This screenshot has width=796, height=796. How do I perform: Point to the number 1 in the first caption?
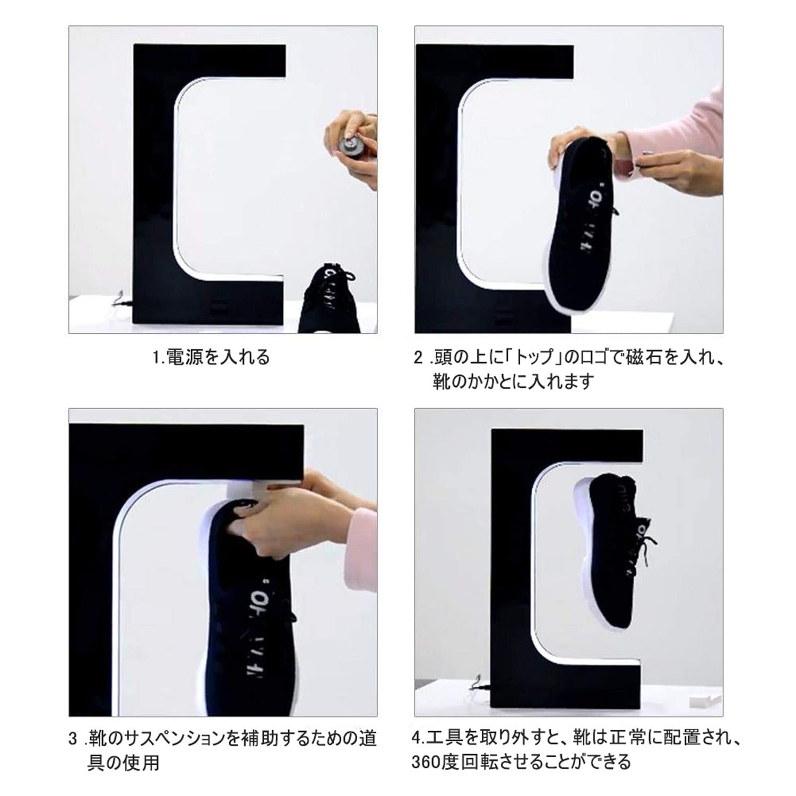pyautogui.click(x=156, y=357)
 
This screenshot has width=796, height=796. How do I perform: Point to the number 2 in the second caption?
pyautogui.click(x=418, y=358)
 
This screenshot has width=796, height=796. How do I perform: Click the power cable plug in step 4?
pyautogui.click(x=478, y=685)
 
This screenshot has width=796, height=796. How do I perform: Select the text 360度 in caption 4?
pyautogui.click(x=435, y=763)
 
